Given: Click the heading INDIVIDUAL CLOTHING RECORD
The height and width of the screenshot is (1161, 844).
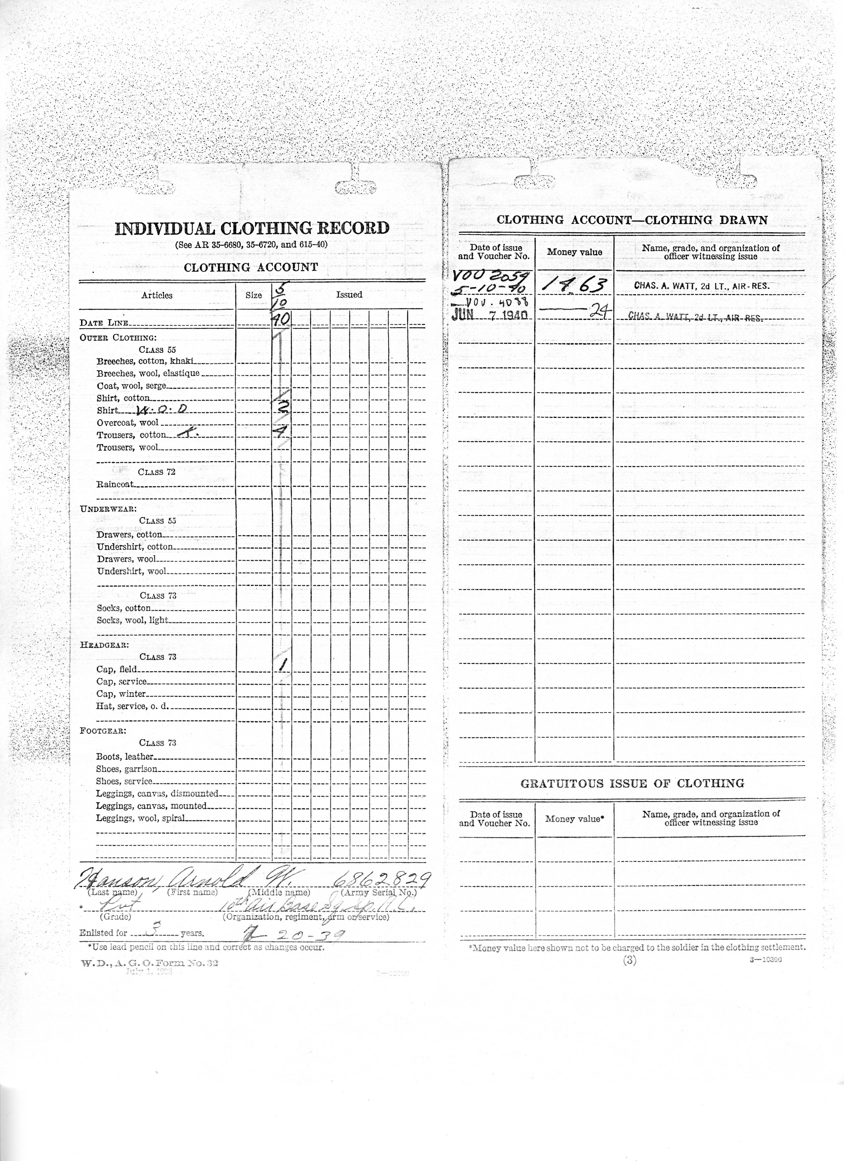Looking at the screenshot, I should [x=252, y=228].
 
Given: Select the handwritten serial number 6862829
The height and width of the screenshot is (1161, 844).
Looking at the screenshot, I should [x=381, y=879].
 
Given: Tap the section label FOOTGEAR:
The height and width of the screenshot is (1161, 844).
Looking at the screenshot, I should [x=103, y=731].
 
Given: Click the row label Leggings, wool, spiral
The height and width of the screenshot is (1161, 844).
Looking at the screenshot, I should [x=140, y=818].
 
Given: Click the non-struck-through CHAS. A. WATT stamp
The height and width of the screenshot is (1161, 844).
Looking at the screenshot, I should [x=701, y=286].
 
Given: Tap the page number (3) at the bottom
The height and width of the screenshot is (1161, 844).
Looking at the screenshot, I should [x=630, y=961].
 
